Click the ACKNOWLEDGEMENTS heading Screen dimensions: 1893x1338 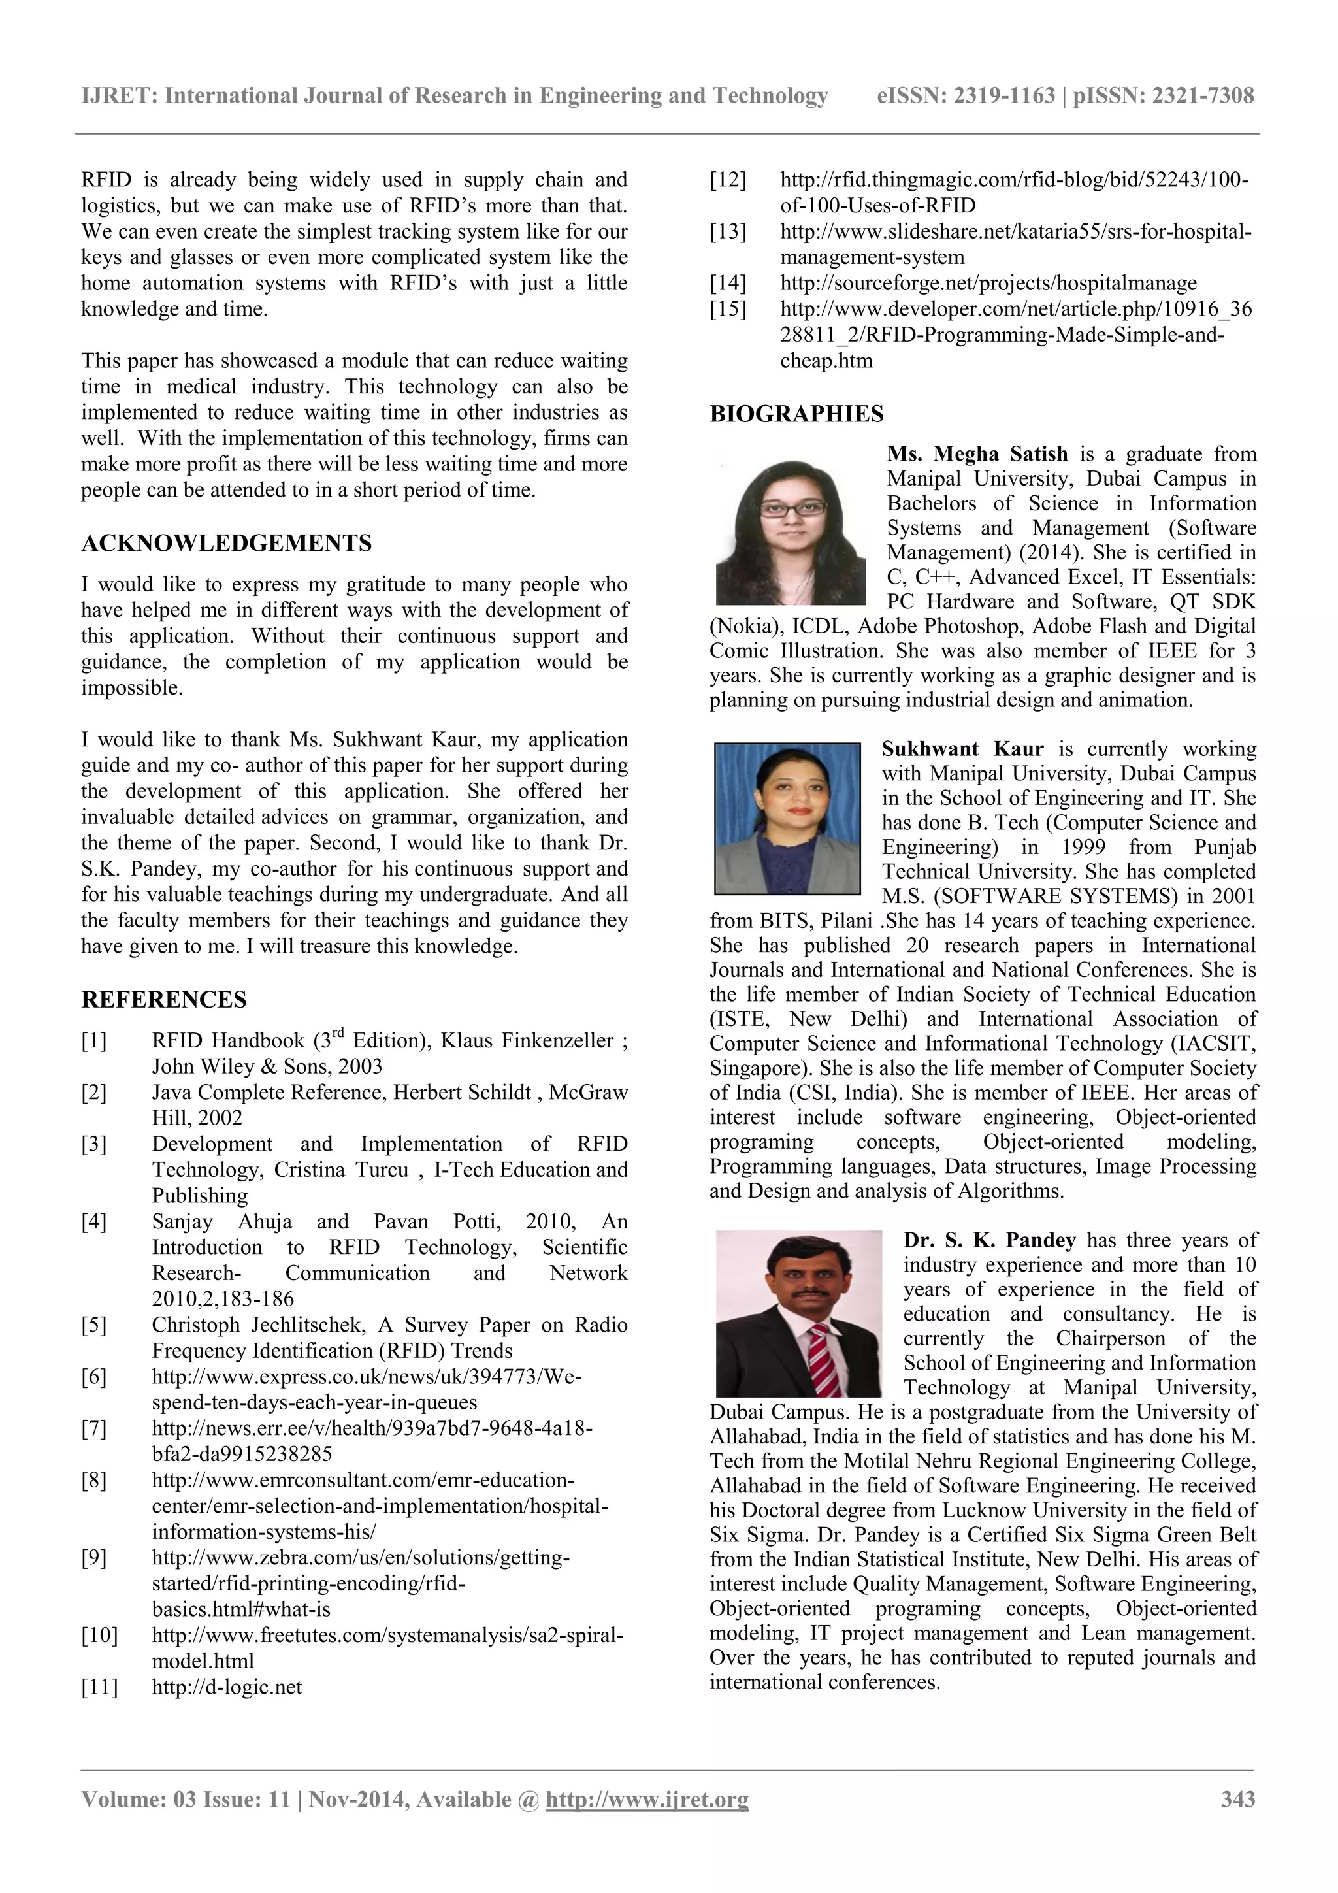(x=226, y=543)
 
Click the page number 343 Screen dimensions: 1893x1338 (x=1237, y=1799)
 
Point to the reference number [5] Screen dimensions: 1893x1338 (x=94, y=1325)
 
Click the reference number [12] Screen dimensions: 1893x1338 (x=728, y=180)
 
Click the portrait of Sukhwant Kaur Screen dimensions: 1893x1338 (x=787, y=818)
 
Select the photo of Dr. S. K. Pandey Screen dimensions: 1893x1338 (x=798, y=1313)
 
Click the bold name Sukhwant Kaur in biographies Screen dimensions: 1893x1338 (x=962, y=749)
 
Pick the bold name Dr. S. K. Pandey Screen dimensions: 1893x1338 (x=989, y=1240)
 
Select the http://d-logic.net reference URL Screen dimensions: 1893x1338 (x=227, y=1687)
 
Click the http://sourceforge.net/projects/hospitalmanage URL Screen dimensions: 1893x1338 (x=988, y=283)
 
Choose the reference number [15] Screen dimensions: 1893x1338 (x=728, y=309)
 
